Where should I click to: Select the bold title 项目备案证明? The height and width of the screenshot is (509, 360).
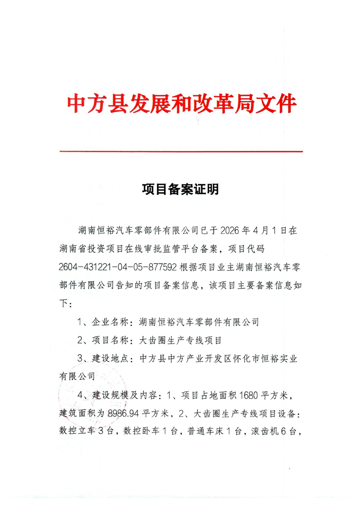(180, 189)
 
